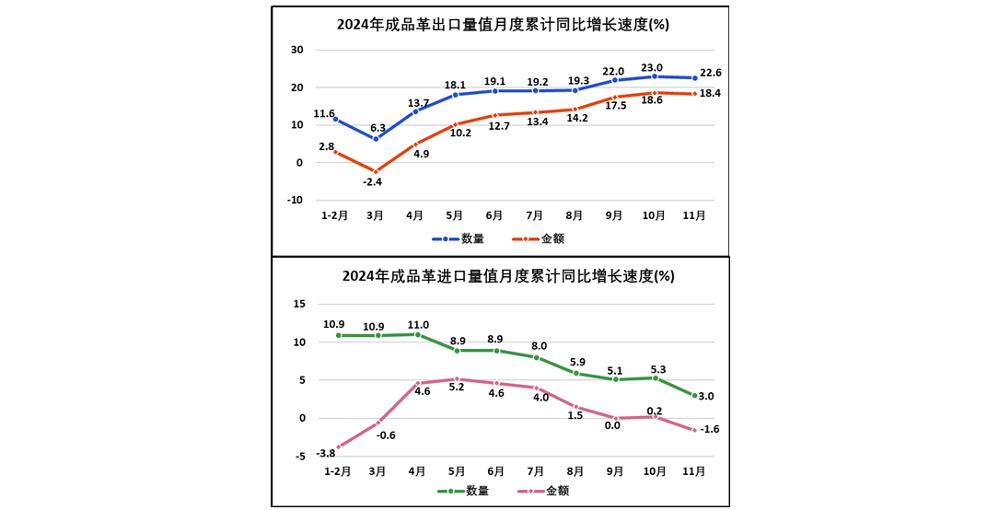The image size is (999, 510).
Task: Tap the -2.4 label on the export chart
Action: (372, 181)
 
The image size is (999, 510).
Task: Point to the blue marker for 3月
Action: (375, 139)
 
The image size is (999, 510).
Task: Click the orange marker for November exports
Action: (695, 93)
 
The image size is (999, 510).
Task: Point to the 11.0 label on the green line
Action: (418, 324)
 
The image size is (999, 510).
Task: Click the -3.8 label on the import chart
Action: (325, 453)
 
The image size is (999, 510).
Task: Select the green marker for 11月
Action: (695, 395)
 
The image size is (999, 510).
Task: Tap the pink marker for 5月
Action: (457, 378)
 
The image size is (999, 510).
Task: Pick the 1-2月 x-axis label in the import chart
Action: (336, 470)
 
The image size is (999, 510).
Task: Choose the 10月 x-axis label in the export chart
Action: (654, 215)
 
